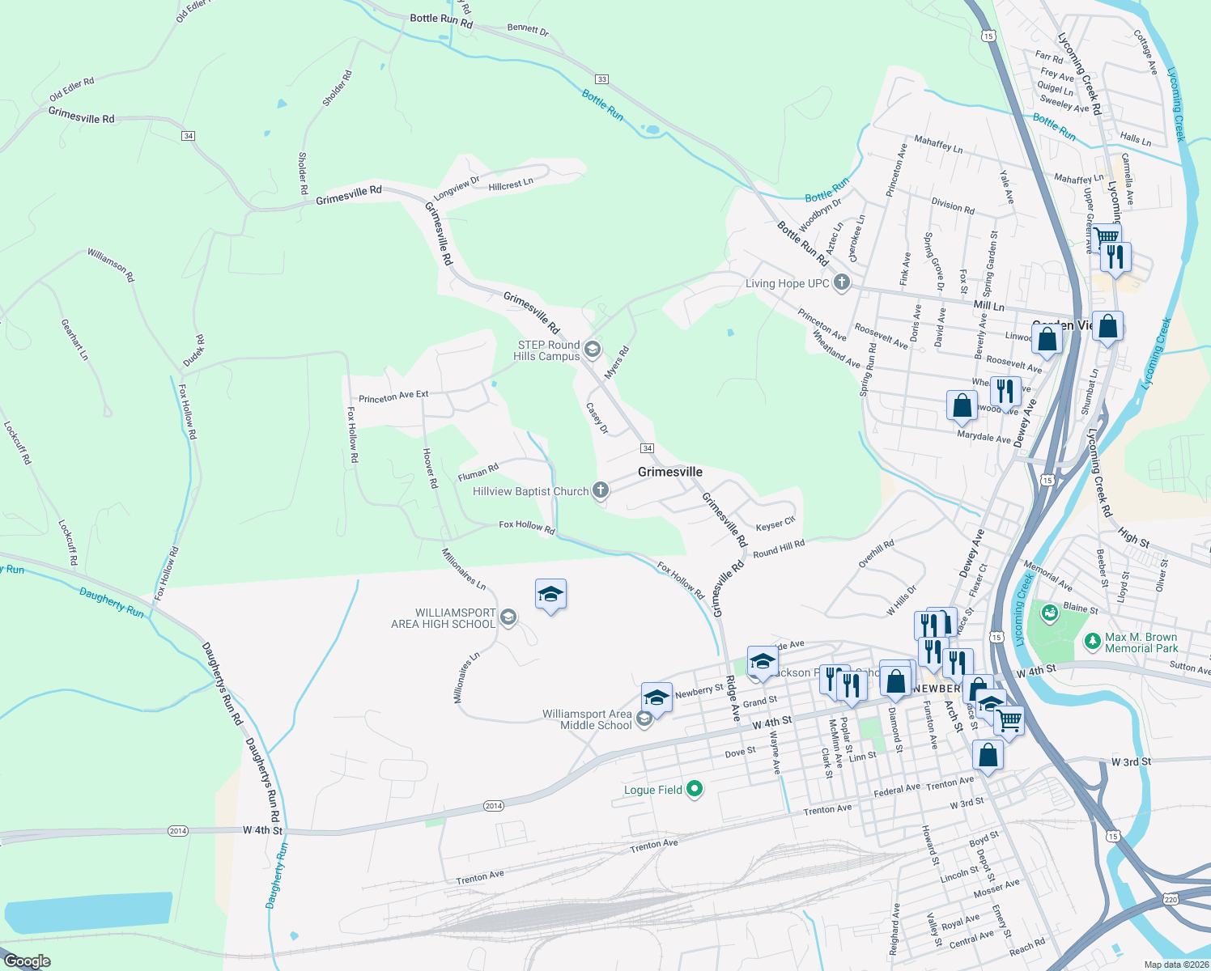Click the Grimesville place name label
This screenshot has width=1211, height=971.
(x=669, y=472)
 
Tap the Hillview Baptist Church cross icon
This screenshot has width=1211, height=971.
(x=600, y=490)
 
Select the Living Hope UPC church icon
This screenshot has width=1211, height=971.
(x=842, y=282)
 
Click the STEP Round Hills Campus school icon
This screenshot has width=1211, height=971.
(x=592, y=350)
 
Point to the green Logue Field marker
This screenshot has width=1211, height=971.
(x=695, y=789)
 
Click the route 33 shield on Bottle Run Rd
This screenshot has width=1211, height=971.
(x=601, y=79)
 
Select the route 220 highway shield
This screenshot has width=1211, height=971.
(x=1171, y=899)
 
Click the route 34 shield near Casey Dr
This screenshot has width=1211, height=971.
(x=647, y=447)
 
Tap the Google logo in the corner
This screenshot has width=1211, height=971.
(x=27, y=961)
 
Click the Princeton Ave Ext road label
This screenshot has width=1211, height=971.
(x=393, y=396)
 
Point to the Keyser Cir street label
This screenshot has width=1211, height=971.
(x=775, y=524)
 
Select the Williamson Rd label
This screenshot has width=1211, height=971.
(x=112, y=265)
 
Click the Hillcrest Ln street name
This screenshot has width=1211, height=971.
(x=511, y=184)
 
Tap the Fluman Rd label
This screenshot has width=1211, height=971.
(x=478, y=472)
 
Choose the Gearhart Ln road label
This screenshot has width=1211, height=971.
(x=74, y=339)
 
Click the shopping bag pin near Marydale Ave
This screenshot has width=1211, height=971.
(x=962, y=404)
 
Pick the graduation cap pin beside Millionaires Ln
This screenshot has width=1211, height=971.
(x=550, y=595)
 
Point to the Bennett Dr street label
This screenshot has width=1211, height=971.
(x=528, y=29)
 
